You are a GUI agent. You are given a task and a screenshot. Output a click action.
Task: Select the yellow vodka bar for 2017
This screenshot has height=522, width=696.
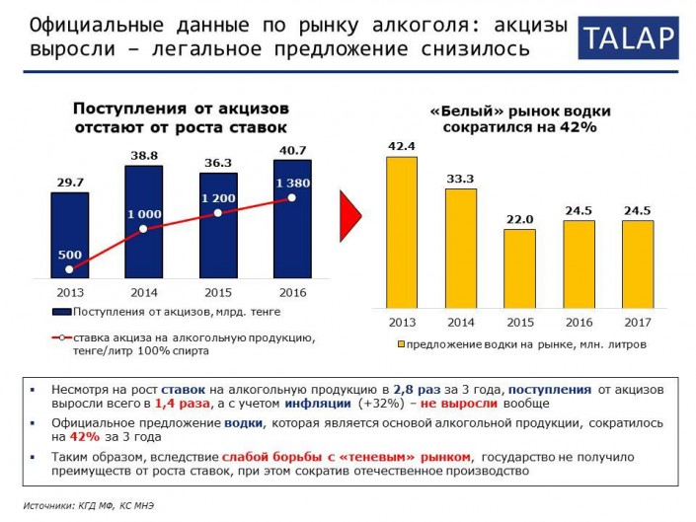(x=638, y=263)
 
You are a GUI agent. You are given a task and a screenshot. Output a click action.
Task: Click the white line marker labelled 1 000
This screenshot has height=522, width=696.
(x=143, y=229)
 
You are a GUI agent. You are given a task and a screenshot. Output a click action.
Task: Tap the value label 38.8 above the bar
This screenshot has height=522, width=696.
(x=143, y=155)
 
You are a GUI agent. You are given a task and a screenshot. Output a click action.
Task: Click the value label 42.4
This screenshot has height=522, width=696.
(x=401, y=146)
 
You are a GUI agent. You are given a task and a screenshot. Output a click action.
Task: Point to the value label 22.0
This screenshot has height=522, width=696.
(x=519, y=219)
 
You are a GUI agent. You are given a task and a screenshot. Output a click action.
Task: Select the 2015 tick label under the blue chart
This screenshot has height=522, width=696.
(x=218, y=293)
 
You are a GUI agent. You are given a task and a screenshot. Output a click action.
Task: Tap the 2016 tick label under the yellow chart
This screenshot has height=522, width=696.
(x=579, y=323)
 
